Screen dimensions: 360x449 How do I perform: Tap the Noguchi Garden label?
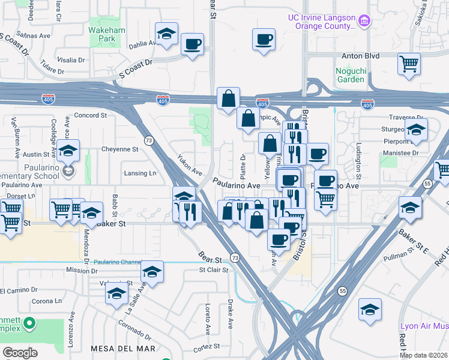pos(350,75)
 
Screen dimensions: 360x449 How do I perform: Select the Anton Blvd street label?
pos(360,56)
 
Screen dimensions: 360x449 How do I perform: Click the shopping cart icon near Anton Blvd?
pos(409,63)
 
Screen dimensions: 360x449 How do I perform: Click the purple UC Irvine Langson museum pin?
pos(364,22)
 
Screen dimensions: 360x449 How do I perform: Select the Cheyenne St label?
pos(119,149)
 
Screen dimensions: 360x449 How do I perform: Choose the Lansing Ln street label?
pos(140,173)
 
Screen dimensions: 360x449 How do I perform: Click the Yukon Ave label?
pos(190,164)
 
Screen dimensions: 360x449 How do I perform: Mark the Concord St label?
pos(90,115)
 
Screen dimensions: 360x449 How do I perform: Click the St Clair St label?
pos(214,270)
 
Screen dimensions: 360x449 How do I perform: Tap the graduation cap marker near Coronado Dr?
pos(116,294)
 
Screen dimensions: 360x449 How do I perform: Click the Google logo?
pos(20,353)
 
